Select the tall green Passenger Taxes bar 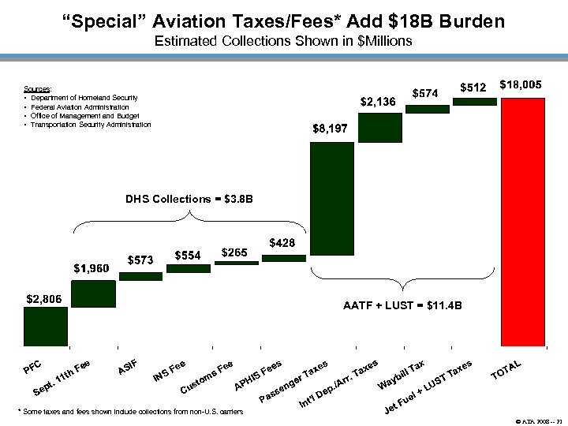(x=331, y=245)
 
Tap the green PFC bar (x=46, y=327)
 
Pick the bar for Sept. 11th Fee (x=94, y=292)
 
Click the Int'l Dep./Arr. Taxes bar (x=379, y=128)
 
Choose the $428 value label (x=282, y=243)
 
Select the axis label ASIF (x=128, y=365)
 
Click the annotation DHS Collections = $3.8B (x=189, y=199)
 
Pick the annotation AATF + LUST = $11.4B (x=402, y=305)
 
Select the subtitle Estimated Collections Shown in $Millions (x=283, y=40)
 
